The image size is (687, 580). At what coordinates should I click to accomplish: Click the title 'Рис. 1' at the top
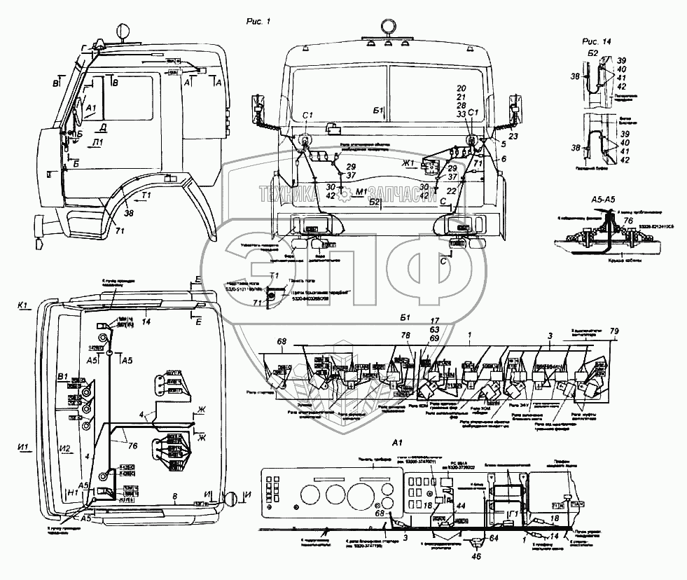(x=259, y=22)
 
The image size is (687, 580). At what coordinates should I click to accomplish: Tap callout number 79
(x=614, y=331)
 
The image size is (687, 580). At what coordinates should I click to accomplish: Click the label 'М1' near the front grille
(x=361, y=192)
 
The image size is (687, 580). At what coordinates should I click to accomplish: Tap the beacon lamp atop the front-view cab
(x=388, y=26)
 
